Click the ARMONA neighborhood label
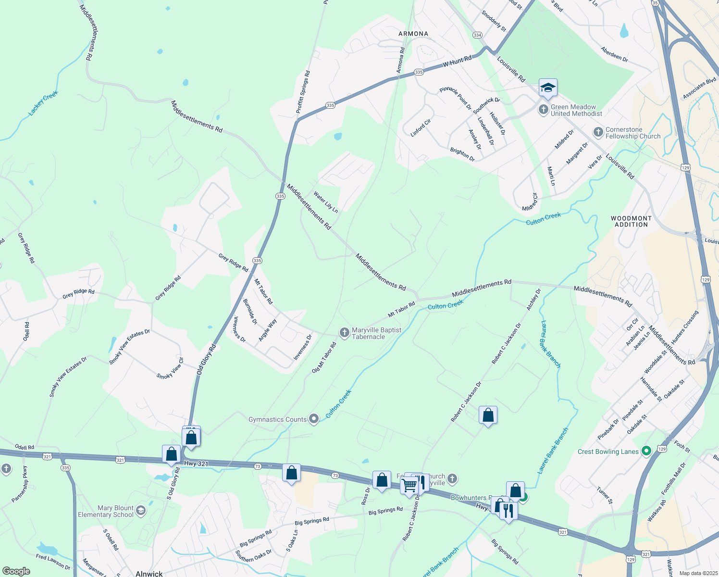pos(413,34)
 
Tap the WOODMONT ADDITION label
pos(631,221)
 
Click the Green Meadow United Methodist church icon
pos(543,110)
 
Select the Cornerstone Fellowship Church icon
pos(598,132)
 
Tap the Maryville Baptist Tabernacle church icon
pos(344,333)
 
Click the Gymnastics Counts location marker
pos(314,419)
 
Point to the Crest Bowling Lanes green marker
pos(646,451)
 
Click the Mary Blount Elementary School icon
pos(141,511)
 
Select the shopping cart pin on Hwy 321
pos(409,486)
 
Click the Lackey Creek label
pos(43,103)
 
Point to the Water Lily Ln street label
pos(325,202)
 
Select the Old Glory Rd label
pos(206,359)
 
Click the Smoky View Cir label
pos(170,368)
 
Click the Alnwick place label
pos(149,573)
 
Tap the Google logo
pos(16,571)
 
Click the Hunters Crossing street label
pos(684,327)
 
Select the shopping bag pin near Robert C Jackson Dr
pos(488,414)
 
